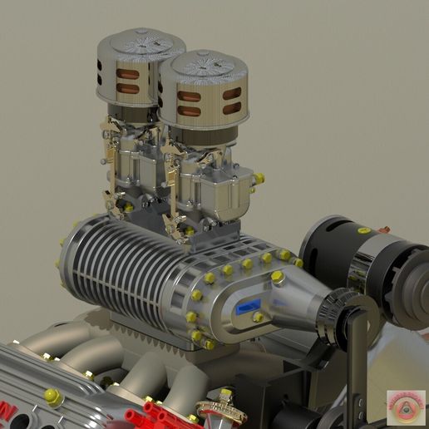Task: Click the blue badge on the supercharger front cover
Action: [246, 305]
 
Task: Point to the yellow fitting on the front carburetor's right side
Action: [259, 178]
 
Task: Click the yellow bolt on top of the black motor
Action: [364, 231]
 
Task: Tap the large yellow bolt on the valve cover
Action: [52, 397]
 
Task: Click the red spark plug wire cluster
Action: [163, 413]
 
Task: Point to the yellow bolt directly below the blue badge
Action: [258, 318]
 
